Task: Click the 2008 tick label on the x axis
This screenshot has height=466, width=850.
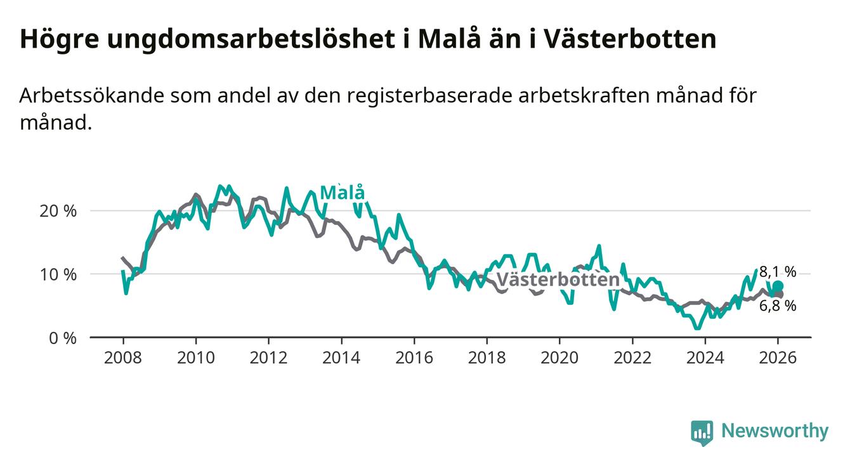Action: click(x=122, y=357)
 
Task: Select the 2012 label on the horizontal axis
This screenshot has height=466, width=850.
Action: click(x=268, y=357)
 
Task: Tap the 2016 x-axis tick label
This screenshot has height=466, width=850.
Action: click(x=414, y=357)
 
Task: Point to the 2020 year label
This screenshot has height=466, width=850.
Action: click(x=559, y=357)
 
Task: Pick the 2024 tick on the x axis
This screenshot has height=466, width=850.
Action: click(x=705, y=357)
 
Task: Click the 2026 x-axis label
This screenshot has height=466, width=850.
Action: click(x=778, y=357)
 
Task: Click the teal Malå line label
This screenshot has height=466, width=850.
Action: click(x=342, y=193)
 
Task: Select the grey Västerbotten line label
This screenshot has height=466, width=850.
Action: click(x=558, y=280)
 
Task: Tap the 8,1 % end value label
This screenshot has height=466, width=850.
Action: click(x=778, y=272)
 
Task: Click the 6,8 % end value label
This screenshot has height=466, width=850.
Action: click(x=778, y=305)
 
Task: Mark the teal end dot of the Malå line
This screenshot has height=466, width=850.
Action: click(x=778, y=286)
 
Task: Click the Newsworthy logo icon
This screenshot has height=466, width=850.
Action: click(x=702, y=432)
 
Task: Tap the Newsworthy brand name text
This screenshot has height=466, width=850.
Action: click(x=775, y=432)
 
